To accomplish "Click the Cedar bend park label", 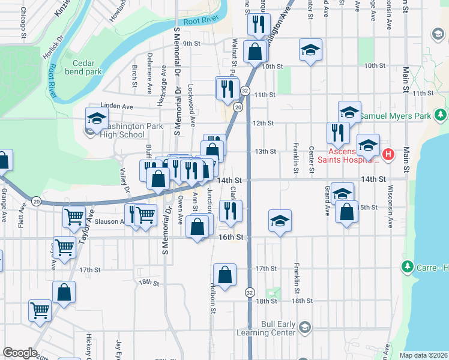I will point(88,67).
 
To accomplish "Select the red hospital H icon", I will point(388,155).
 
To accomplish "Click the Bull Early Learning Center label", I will point(279,328).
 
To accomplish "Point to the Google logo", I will point(20,353).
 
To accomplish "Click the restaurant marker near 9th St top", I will point(257,25).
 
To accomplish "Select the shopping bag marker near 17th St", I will point(224,275).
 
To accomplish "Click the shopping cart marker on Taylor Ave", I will point(74,217).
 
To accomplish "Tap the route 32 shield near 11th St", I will point(245,90).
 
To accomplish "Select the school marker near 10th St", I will point(310,50).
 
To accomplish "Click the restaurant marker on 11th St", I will point(227,89).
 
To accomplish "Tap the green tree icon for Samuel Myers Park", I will point(441,115).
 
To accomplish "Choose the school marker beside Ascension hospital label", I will point(369,145).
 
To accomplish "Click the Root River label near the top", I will point(199,21).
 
